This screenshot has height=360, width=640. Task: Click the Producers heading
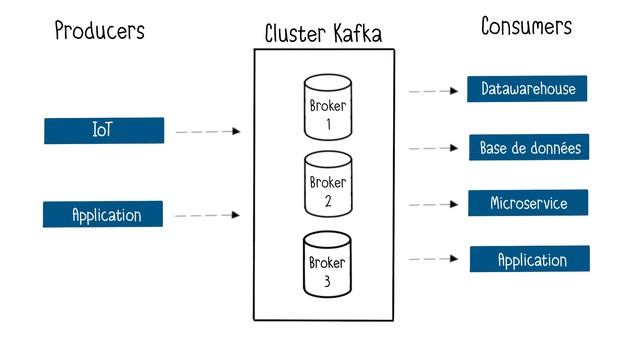(x=99, y=31)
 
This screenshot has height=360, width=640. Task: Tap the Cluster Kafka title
(x=323, y=34)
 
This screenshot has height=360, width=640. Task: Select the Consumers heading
(x=526, y=27)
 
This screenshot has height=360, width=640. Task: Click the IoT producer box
(x=103, y=131)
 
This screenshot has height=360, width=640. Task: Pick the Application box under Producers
(x=103, y=215)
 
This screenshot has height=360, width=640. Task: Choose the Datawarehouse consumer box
(x=527, y=89)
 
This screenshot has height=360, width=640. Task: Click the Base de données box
(x=529, y=148)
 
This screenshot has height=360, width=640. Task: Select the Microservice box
(x=528, y=204)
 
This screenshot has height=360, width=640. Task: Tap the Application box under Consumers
(x=530, y=260)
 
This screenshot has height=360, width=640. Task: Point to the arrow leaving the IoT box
(x=208, y=131)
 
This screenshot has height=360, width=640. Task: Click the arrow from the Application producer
(x=208, y=215)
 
